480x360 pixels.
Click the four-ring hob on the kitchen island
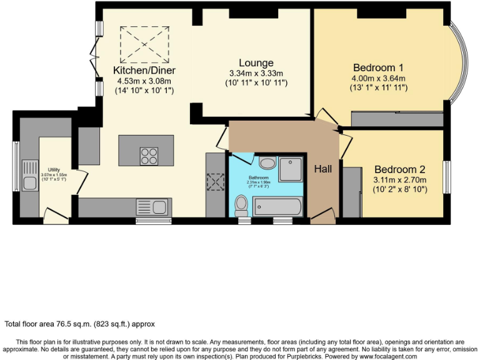tap(149, 156)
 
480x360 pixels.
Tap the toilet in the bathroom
tap(241, 204)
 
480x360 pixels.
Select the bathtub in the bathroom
tap(278, 206)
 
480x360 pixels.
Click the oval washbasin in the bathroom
tap(267, 163)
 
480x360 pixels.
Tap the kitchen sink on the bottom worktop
tap(153, 206)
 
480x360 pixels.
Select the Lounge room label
tap(256, 62)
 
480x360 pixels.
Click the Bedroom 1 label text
tap(378, 67)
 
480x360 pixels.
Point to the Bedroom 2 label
tap(400, 169)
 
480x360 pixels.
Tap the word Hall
tap(323, 169)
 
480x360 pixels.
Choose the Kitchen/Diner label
tap(144, 70)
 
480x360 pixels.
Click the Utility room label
tap(54, 169)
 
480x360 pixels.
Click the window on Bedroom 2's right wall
tap(447, 177)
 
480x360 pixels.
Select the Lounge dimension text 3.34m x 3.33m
tap(256, 73)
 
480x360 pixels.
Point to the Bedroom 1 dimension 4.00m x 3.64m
tap(378, 78)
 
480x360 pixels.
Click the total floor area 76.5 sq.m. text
tap(80, 324)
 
